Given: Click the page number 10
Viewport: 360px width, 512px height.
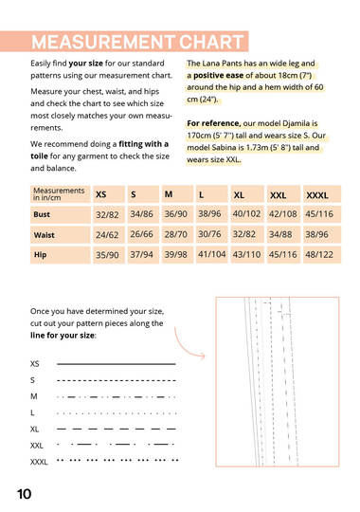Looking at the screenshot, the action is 24,494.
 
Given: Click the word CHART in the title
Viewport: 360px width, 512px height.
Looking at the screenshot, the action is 211,42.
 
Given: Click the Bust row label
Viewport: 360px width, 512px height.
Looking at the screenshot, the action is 42,214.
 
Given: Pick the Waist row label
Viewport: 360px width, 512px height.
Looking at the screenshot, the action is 45,235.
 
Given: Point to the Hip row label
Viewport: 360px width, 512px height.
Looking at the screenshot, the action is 40,255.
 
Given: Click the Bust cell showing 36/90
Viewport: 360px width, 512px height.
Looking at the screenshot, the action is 175,214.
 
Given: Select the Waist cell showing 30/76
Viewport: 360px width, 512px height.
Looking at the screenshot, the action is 209,234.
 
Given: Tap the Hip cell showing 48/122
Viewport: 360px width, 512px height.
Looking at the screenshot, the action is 319,254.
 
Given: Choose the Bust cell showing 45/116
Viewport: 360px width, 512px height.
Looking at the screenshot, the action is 319,214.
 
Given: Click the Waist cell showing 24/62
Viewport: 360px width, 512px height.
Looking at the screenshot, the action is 107,235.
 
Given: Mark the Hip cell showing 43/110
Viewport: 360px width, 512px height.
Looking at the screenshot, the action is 246,254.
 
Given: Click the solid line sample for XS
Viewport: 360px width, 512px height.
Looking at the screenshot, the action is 117,364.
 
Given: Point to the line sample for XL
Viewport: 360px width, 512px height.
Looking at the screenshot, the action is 117,429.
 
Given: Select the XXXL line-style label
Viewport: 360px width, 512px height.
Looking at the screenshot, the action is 39,462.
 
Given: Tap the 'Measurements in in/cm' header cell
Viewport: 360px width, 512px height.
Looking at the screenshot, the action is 60,194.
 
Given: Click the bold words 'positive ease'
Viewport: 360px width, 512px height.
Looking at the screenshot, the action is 218,76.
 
